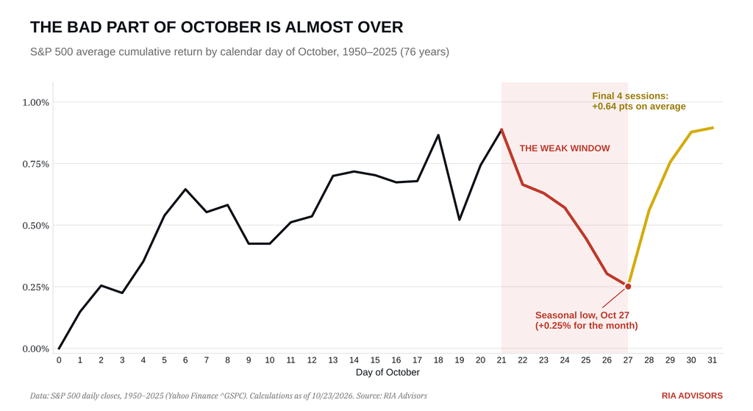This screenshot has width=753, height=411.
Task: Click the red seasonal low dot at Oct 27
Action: click(x=628, y=287)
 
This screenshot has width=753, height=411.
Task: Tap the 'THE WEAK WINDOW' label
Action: click(x=565, y=149)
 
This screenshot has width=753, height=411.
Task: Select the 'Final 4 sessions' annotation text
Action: click(x=630, y=96)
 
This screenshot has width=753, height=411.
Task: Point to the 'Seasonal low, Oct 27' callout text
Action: click(x=582, y=315)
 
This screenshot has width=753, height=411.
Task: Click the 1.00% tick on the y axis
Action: click(x=35, y=102)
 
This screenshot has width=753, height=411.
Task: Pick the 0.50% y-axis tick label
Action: click(x=35, y=226)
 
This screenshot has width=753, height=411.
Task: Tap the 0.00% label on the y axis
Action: click(x=35, y=349)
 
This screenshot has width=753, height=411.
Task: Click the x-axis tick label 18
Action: click(x=438, y=360)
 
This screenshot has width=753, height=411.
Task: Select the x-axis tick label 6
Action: click(x=185, y=360)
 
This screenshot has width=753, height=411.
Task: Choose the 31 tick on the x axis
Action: click(x=712, y=360)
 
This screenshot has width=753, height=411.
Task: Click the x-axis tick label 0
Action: click(x=59, y=360)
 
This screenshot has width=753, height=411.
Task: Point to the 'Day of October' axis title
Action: click(x=388, y=373)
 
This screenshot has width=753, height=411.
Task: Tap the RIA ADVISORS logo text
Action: click(x=692, y=396)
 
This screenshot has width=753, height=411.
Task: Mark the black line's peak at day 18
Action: click(x=438, y=135)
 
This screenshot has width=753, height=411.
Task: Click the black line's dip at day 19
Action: click(x=460, y=219)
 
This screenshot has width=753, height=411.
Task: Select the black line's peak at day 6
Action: click(x=185, y=189)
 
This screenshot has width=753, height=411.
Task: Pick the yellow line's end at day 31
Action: click(x=713, y=128)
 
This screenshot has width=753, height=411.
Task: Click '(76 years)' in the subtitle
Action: click(x=425, y=52)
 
